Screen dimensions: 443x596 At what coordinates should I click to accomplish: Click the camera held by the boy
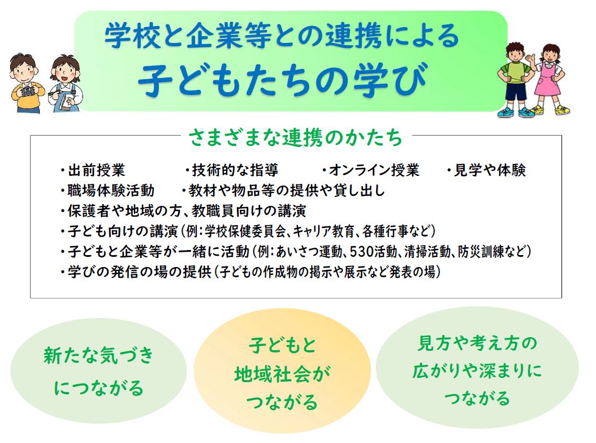[x=26, y=91]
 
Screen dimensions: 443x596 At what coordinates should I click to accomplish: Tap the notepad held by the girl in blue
[x=66, y=99]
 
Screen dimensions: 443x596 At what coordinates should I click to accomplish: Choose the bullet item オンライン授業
[x=374, y=170]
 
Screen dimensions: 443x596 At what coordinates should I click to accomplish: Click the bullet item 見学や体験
[x=490, y=170]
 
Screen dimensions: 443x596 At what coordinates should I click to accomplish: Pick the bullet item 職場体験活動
[x=111, y=191]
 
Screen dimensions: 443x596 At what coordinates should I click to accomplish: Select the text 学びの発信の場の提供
[x=134, y=272]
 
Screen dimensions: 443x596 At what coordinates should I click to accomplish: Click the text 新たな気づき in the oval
[x=98, y=356]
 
